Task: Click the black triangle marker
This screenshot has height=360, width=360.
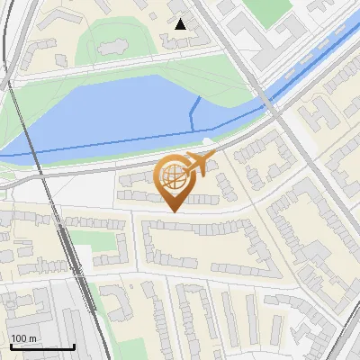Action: click(181, 24)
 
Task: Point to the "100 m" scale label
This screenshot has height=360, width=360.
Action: click(24, 337)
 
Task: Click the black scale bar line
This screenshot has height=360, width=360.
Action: click(42, 346)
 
